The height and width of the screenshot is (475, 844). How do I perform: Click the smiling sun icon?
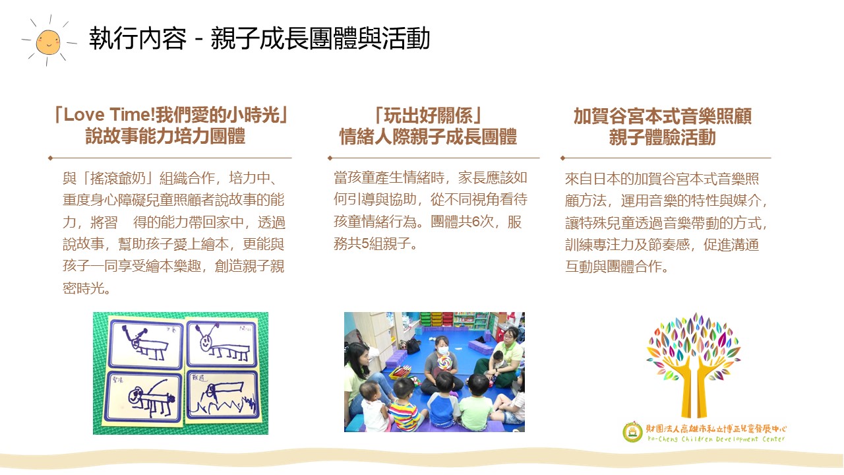point(49,41)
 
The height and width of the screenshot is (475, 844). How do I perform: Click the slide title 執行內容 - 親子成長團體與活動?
point(259,38)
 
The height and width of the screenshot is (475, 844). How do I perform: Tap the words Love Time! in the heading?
point(109,115)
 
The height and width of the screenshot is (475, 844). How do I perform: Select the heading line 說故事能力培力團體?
point(166,136)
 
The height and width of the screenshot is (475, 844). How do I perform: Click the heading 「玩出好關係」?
point(428,115)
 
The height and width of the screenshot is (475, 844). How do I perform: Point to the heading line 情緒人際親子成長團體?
point(428,137)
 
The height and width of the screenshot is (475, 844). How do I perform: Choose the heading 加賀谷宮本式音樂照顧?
point(663,116)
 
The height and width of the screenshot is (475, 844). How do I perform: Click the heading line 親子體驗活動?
point(663,137)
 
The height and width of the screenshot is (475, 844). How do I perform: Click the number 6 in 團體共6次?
point(475,222)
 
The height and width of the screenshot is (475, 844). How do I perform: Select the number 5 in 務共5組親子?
point(365,243)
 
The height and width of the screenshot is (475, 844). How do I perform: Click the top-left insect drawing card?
point(146,344)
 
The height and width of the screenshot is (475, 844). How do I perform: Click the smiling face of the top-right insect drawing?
point(205,343)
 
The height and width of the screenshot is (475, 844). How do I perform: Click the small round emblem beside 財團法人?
point(632,432)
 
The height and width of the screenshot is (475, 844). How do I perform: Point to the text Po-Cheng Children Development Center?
point(716,439)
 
